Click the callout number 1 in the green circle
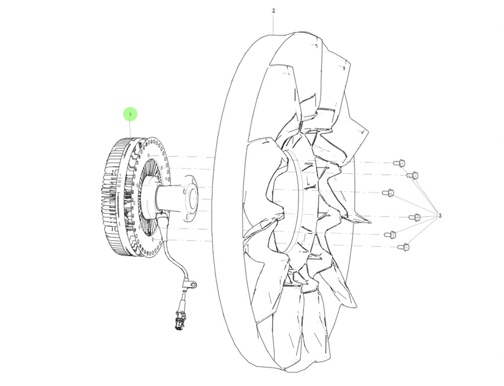[x=130, y=114]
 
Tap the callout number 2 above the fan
[x=274, y=11]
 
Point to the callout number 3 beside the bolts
[x=440, y=215]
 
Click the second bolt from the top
[x=412, y=175]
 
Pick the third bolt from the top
[x=388, y=193]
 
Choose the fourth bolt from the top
[x=415, y=217]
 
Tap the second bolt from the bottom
[x=390, y=234]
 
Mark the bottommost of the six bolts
[x=403, y=247]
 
